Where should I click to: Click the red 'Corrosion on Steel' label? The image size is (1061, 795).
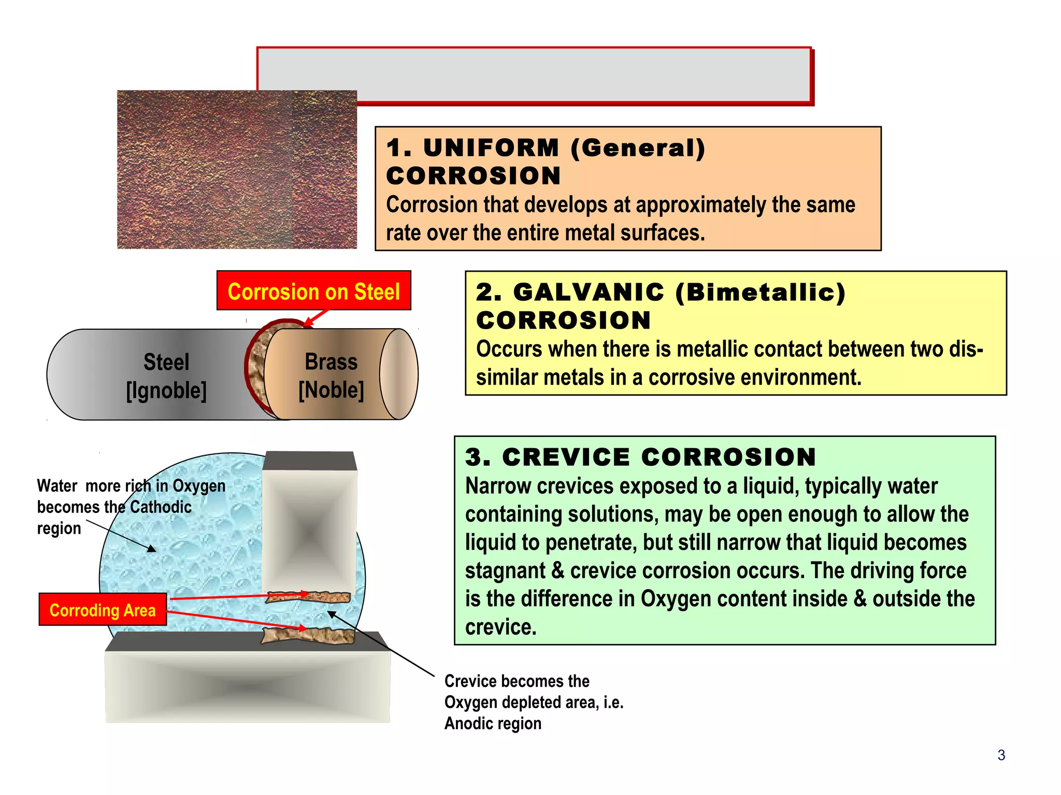(x=313, y=291)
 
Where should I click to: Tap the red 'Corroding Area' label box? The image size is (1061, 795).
(x=103, y=610)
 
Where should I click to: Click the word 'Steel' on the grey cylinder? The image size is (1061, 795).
(x=166, y=362)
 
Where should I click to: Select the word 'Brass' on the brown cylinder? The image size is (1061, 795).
(x=331, y=361)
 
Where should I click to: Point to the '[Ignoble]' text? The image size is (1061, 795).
(x=166, y=390)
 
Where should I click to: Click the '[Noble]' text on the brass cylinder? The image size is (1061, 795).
(x=331, y=390)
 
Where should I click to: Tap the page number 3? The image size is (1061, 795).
(x=1001, y=755)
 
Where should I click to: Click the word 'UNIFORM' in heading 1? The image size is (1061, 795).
(x=491, y=148)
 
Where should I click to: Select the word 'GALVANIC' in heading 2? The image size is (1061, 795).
(x=589, y=292)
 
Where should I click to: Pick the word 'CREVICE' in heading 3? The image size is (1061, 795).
(x=566, y=458)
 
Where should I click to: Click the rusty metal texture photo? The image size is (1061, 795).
(x=236, y=170)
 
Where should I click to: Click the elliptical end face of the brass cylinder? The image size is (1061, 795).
(x=399, y=374)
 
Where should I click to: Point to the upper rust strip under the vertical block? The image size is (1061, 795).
(x=309, y=597)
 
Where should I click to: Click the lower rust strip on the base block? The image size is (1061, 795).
(x=308, y=636)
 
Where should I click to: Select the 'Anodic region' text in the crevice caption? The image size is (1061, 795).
(x=493, y=724)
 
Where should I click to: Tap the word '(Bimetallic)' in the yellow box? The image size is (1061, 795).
(x=761, y=292)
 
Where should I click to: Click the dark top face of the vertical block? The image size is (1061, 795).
(x=310, y=461)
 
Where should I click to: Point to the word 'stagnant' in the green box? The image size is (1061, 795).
(x=505, y=571)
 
